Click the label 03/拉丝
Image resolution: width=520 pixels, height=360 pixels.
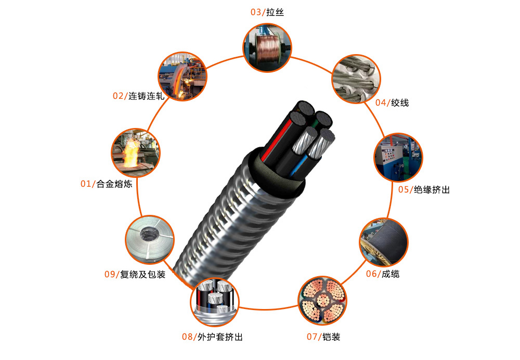point(267,12)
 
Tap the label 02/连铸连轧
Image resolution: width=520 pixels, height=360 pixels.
point(139,96)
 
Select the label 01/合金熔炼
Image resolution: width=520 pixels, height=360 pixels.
point(107,184)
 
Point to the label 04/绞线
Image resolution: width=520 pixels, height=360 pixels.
point(392,102)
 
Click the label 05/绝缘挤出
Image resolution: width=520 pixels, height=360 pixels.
point(424,189)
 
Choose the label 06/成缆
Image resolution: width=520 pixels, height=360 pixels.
point(383,274)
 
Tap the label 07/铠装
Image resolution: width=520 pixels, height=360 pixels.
point(323,337)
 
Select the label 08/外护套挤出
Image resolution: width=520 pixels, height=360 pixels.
point(212,337)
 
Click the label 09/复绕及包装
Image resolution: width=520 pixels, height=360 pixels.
point(135,274)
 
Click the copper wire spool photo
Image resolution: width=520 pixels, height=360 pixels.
point(267,47)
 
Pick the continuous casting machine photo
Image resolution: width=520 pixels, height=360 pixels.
point(183,76)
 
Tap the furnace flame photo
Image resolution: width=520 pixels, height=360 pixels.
point(136,153)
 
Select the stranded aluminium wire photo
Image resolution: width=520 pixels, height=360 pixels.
point(357,79)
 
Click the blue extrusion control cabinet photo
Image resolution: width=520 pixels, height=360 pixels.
point(398,157)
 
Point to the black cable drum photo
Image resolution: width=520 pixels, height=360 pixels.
point(384,242)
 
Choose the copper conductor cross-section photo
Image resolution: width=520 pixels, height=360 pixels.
point(323,301)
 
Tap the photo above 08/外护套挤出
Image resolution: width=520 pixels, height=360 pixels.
point(215,302)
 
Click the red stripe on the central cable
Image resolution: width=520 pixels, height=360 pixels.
point(278,140)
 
